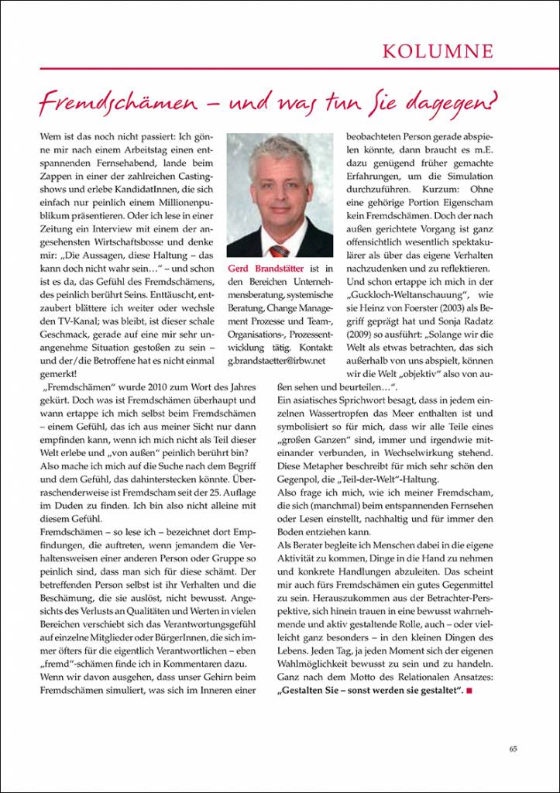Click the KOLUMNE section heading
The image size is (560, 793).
coord(438,52)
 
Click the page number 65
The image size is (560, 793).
coord(513,748)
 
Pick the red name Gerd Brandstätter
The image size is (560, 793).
coord(266,268)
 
